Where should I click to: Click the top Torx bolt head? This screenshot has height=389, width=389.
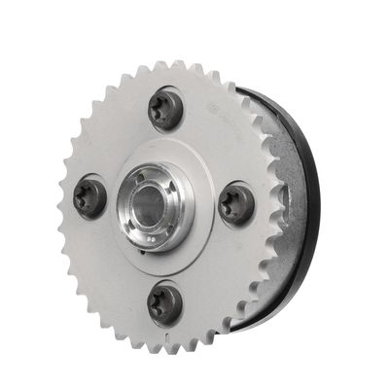(x=166, y=110)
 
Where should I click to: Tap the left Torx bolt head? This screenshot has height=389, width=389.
(x=91, y=197)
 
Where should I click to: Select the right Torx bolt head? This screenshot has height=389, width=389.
(x=236, y=205)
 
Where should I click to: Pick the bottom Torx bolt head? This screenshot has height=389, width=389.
(x=165, y=304)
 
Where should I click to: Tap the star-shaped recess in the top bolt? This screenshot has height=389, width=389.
(x=165, y=108)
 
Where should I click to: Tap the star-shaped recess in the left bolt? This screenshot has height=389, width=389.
(x=89, y=196)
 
